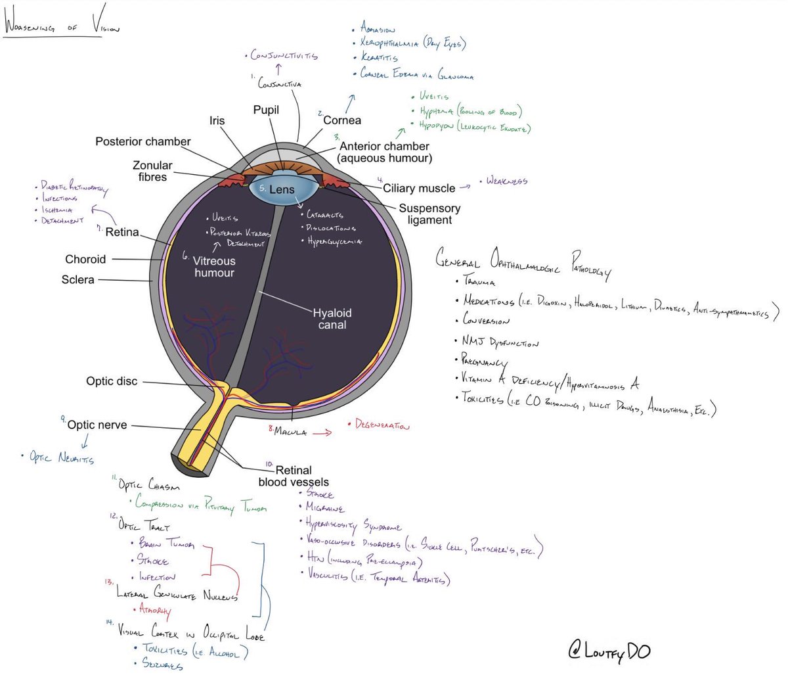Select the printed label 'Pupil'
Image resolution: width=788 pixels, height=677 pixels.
point(266,110)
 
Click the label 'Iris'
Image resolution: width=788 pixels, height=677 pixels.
point(217,120)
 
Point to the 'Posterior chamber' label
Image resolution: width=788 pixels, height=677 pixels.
point(142,141)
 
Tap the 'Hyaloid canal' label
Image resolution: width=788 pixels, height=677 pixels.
point(332,319)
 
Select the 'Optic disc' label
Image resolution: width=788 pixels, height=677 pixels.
point(112,381)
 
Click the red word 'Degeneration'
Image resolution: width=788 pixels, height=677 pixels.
point(382,425)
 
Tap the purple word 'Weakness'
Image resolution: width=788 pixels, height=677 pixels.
point(506,181)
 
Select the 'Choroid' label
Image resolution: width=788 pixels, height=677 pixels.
point(85,259)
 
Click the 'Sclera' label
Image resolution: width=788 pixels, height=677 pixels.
point(77,279)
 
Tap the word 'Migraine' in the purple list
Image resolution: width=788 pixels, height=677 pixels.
point(325,507)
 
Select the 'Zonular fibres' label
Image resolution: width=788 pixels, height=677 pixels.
point(152,171)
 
